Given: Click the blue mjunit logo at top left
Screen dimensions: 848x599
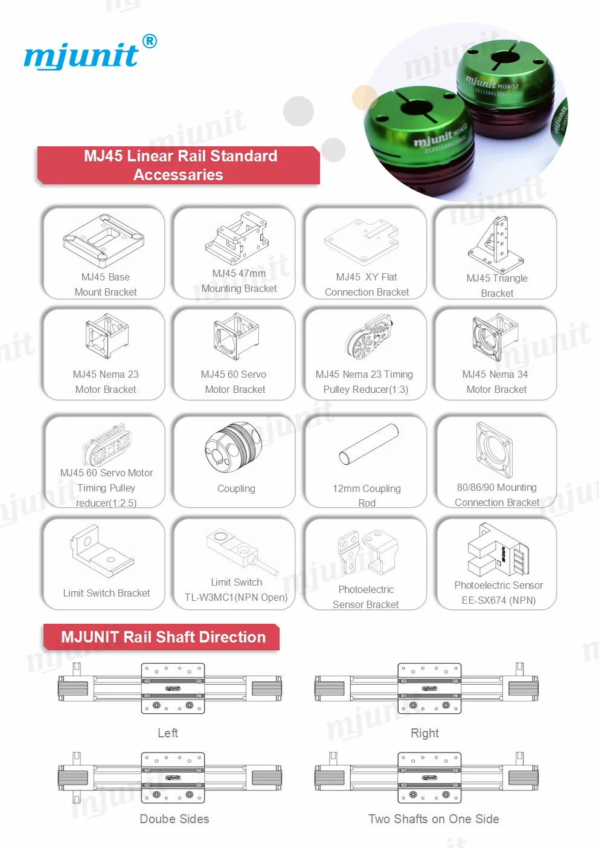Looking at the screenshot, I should pyautogui.click(x=81, y=56).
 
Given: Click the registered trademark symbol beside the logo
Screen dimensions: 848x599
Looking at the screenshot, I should pyautogui.click(x=149, y=41).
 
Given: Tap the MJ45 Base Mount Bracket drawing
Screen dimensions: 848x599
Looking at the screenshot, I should pyautogui.click(x=104, y=241).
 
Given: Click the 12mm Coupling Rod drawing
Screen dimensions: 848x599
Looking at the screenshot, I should pyautogui.click(x=369, y=444).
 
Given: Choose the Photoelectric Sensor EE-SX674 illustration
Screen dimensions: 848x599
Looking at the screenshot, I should pyautogui.click(x=498, y=551).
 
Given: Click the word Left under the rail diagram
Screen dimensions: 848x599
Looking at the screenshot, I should pyautogui.click(x=168, y=733).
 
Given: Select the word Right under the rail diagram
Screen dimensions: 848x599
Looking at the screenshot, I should pyautogui.click(x=424, y=733).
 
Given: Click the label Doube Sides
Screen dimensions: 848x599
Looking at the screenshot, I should pyautogui.click(x=175, y=819).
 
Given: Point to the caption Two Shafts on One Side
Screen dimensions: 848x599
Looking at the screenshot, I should pyautogui.click(x=434, y=819).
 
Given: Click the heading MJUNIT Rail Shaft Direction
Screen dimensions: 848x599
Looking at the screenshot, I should pyautogui.click(x=163, y=637).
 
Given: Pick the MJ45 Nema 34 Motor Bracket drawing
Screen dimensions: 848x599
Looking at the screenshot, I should pyautogui.click(x=496, y=337).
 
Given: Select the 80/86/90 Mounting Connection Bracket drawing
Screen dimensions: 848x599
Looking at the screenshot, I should pyautogui.click(x=496, y=450).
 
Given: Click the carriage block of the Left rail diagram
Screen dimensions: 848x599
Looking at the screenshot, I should pyautogui.click(x=173, y=688).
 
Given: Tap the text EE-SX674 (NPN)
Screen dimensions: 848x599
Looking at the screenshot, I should pyautogui.click(x=498, y=600).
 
